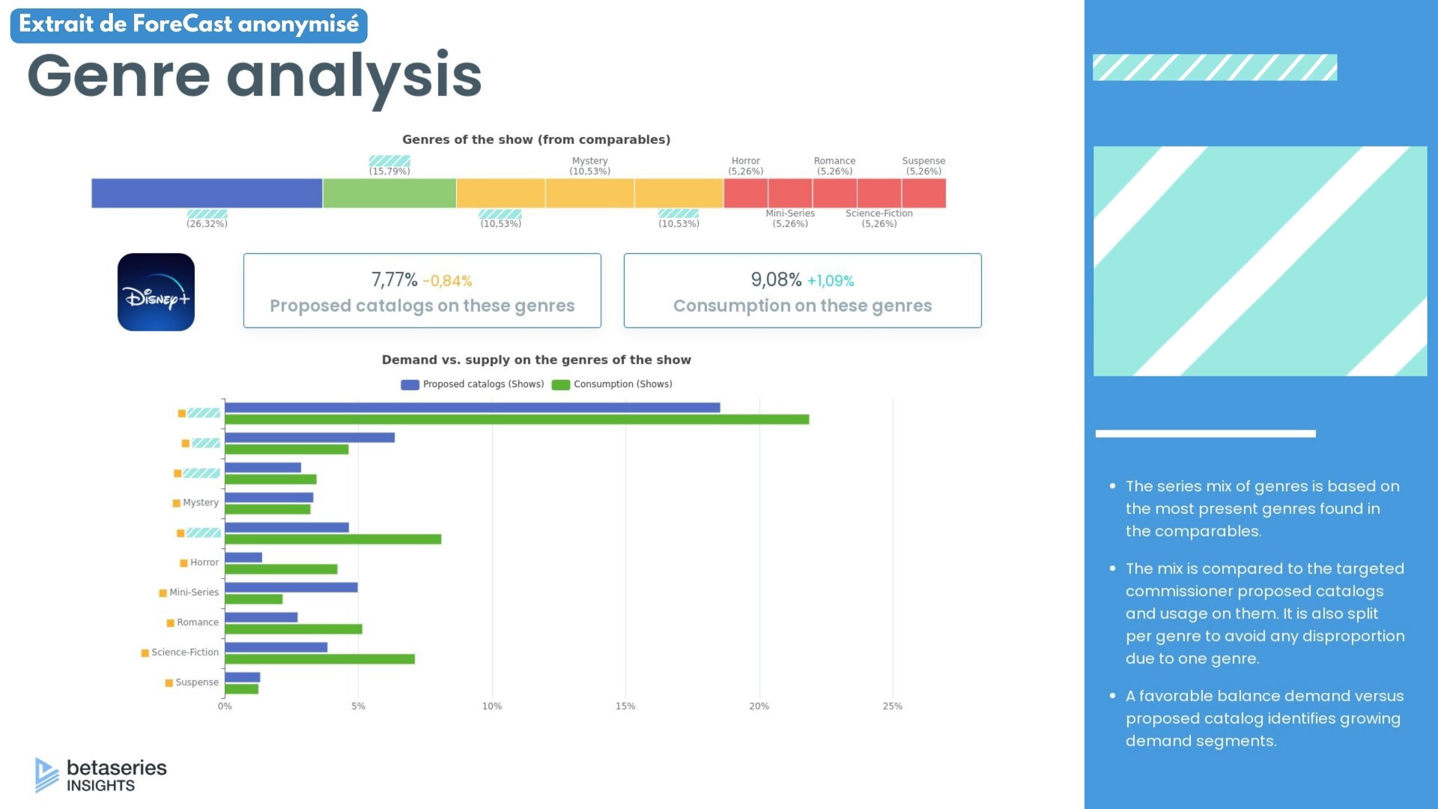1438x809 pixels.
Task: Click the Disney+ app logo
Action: (156, 292)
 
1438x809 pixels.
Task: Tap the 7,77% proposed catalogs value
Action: (394, 280)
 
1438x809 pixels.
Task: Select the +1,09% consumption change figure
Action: (830, 281)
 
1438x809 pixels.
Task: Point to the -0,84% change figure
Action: (447, 281)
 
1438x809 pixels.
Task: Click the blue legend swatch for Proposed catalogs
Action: (409, 385)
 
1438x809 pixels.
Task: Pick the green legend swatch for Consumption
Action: (561, 385)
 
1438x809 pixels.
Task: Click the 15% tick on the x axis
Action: (625, 706)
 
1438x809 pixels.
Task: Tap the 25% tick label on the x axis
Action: (892, 706)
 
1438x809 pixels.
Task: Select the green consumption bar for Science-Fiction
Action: (320, 659)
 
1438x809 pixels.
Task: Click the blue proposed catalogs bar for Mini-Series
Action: (291, 588)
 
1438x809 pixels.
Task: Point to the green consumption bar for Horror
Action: (281, 569)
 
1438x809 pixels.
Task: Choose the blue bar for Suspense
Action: (242, 678)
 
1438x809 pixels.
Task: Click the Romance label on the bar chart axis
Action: (197, 622)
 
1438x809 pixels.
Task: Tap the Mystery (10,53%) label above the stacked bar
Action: (589, 166)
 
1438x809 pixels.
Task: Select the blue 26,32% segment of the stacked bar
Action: (207, 193)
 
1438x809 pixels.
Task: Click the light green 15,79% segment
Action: (389, 193)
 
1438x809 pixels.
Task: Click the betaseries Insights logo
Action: (101, 775)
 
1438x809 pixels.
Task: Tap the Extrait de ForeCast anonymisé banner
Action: (189, 25)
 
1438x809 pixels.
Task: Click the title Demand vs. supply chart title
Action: (536, 360)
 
